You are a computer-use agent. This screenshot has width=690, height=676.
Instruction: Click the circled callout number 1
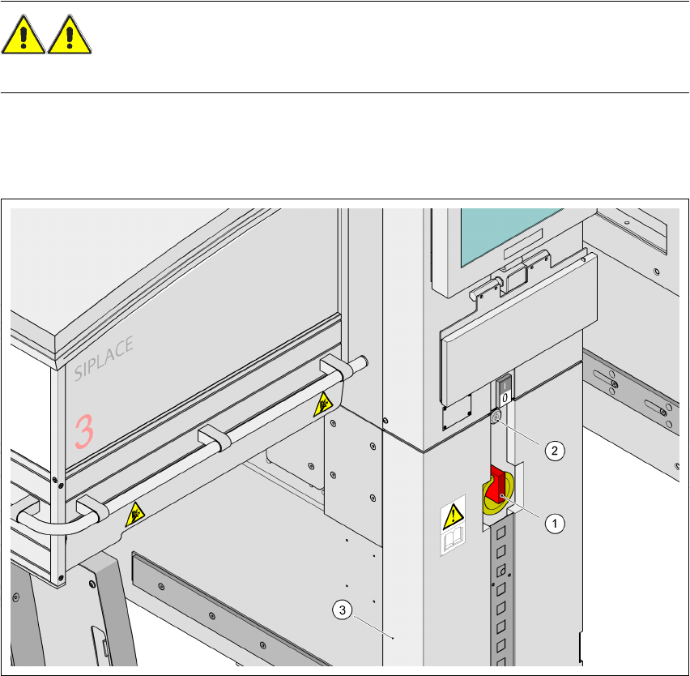click(554, 524)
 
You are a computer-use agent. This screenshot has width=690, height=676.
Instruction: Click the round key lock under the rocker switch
click(496, 417)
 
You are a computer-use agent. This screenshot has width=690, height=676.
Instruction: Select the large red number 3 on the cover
click(84, 431)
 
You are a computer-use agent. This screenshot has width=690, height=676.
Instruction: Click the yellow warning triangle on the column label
click(452, 513)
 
